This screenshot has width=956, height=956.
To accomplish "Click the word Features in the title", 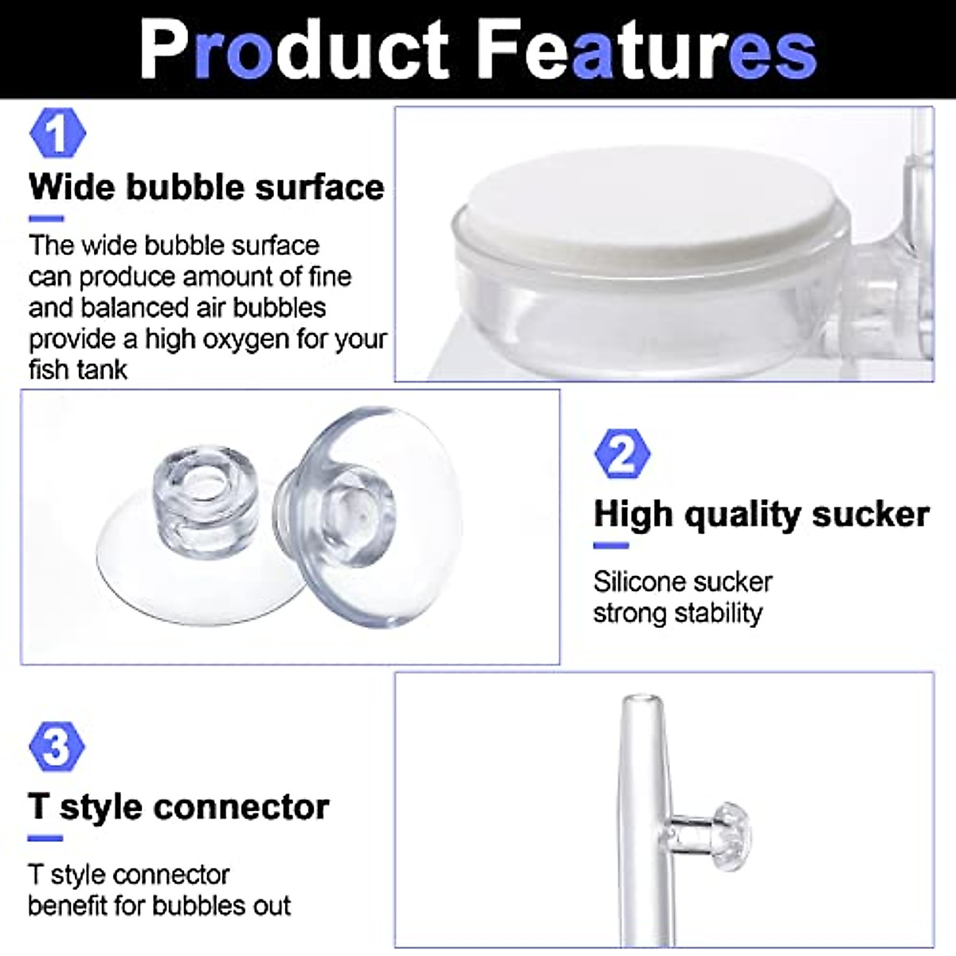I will click(649, 49).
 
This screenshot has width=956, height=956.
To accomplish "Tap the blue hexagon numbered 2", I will click(622, 453).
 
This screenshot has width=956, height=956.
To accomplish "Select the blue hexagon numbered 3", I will click(56, 747).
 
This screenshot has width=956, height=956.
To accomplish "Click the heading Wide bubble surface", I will click(206, 187).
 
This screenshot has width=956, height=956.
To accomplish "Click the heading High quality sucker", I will click(762, 515).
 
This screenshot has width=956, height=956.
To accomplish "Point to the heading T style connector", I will click(178, 807).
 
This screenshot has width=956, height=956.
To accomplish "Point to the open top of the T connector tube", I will click(643, 701).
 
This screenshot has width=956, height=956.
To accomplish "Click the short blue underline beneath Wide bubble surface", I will click(45, 219).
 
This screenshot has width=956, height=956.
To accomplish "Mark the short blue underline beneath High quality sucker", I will click(611, 546).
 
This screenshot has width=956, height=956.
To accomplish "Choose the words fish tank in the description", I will click(78, 370).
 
